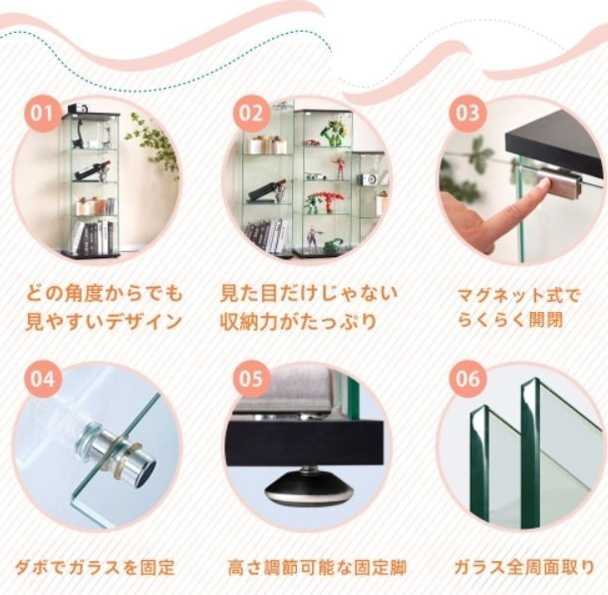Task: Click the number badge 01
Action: pos(42,114)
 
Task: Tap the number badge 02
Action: pos(250,113)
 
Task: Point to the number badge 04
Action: pos(42,379)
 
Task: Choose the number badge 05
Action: pos(250,379)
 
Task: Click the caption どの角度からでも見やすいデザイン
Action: pos(104,307)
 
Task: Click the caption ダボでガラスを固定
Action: pos(94,568)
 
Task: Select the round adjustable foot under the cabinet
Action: pos(307,488)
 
